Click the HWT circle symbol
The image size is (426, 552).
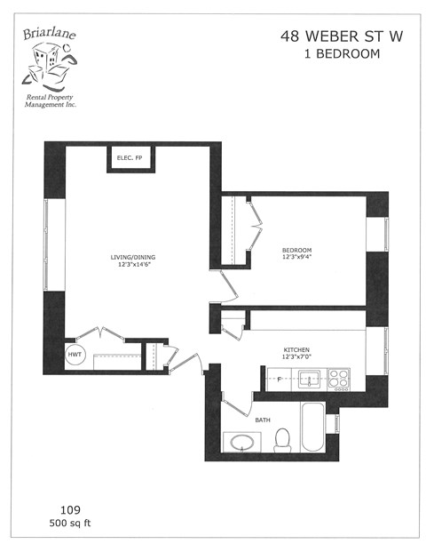[x=75, y=355]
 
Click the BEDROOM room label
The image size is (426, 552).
[x=297, y=250]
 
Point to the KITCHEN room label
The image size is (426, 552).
[x=296, y=350]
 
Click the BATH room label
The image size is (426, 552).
[x=263, y=419]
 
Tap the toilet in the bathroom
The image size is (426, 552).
[x=283, y=438]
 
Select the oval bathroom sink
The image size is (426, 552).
[x=241, y=441]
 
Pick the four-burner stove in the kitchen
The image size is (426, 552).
[x=339, y=380]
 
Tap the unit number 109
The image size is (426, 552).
[x=71, y=510]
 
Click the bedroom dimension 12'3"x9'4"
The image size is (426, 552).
[x=297, y=257]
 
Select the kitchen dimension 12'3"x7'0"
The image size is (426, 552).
[x=296, y=357]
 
